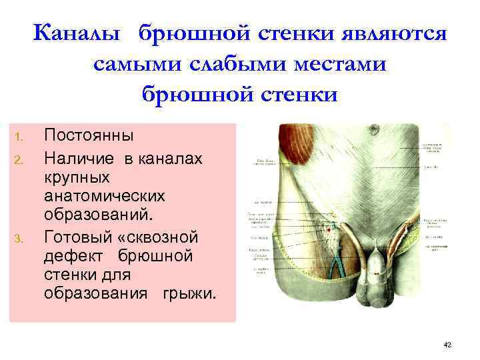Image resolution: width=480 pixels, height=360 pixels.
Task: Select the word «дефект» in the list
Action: click(x=73, y=255)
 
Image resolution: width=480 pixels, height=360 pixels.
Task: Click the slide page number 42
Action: click(x=447, y=344)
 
